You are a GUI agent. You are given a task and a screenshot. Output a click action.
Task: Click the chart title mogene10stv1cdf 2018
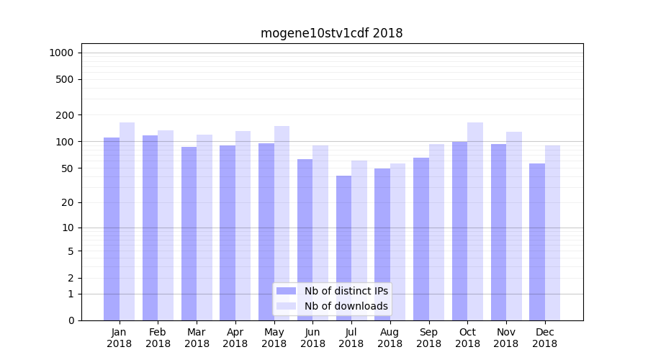pos(331,33)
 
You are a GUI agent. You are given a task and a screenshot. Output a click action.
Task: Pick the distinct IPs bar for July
pos(343,248)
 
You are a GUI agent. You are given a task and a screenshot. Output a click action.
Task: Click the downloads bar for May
pos(282,223)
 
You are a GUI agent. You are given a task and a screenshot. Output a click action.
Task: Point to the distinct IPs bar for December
pos(537,242)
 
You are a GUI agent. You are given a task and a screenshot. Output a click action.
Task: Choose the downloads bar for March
pos(204,228)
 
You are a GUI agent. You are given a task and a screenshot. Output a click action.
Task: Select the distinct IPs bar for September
pos(421,239)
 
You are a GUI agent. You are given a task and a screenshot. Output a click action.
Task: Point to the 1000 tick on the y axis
pos(61,53)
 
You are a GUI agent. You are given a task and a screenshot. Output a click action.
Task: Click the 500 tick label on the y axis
pos(64,79)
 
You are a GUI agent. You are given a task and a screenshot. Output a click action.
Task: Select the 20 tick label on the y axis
pos(67,202)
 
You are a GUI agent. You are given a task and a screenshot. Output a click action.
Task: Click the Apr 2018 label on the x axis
pos(235,338)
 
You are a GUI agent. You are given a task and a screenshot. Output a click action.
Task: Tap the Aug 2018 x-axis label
pos(390,338)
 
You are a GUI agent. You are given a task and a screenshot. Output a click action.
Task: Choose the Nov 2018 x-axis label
pos(506,338)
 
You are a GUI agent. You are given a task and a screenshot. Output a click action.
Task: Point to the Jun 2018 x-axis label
pos(312,338)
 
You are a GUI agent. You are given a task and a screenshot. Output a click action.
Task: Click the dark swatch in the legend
pos(287,291)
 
